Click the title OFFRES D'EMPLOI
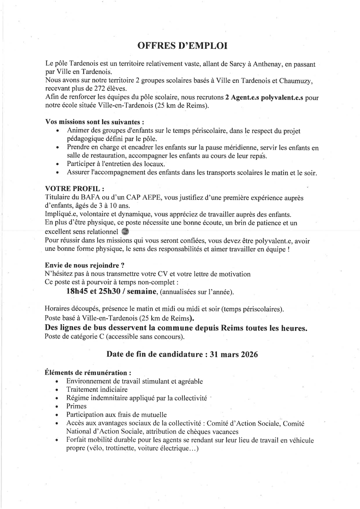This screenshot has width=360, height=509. coord(182,46)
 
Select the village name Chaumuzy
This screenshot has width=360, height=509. coord(297,81)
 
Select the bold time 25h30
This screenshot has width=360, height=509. coord(106,292)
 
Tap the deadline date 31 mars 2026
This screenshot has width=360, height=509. coord(232,355)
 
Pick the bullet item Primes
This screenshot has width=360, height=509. coord(76,406)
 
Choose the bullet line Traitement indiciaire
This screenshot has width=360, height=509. coord(97,389)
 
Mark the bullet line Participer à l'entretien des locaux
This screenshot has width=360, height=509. coord(116,164)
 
